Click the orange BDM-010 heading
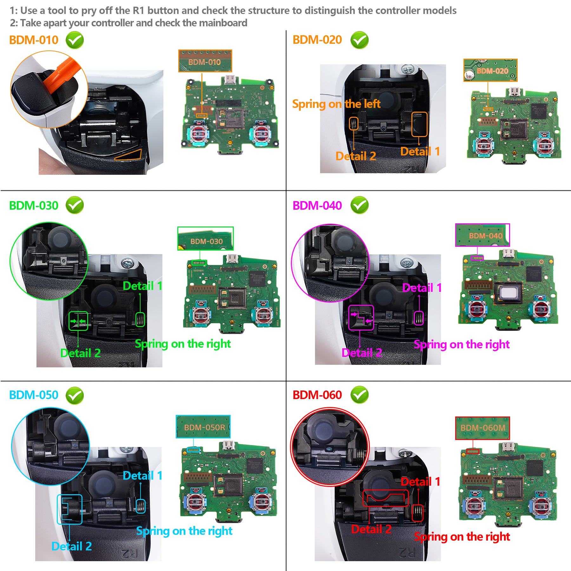[34, 40]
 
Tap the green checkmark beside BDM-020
[359, 40]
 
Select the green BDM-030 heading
[34, 206]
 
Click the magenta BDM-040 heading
[317, 206]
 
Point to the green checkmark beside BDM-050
[75, 396]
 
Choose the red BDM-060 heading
[317, 395]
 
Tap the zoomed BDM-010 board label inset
[205, 61]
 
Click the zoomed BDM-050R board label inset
[203, 427]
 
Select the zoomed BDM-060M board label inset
[482, 428]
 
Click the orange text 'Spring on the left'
[336, 104]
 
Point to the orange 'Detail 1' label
[420, 151]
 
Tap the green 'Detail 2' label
[81, 353]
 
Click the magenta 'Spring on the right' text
[462, 345]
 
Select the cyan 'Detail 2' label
[72, 546]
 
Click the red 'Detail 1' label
[420, 482]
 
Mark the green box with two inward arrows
[78, 321]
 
